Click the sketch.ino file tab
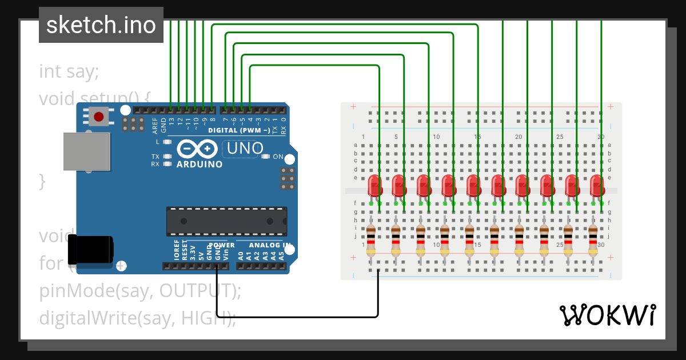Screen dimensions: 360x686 (101, 25)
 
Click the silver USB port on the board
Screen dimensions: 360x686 (86, 151)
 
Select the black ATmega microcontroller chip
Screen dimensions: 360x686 (226, 221)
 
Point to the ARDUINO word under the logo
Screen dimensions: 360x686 (199, 164)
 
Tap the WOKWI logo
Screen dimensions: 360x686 (607, 315)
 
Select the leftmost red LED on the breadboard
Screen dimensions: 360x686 (374, 187)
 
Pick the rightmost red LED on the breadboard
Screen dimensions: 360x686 (597, 187)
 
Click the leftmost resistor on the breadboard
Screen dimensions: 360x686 (372, 240)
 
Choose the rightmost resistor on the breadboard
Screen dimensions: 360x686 (593, 240)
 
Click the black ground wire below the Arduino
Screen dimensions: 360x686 (297, 317)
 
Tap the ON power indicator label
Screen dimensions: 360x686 (278, 157)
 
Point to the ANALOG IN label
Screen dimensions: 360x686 (264, 245)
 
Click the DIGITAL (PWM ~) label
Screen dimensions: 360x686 (239, 130)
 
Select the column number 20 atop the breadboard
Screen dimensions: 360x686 (519, 137)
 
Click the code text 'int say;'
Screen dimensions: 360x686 (69, 72)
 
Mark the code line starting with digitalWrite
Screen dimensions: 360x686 (137, 318)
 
